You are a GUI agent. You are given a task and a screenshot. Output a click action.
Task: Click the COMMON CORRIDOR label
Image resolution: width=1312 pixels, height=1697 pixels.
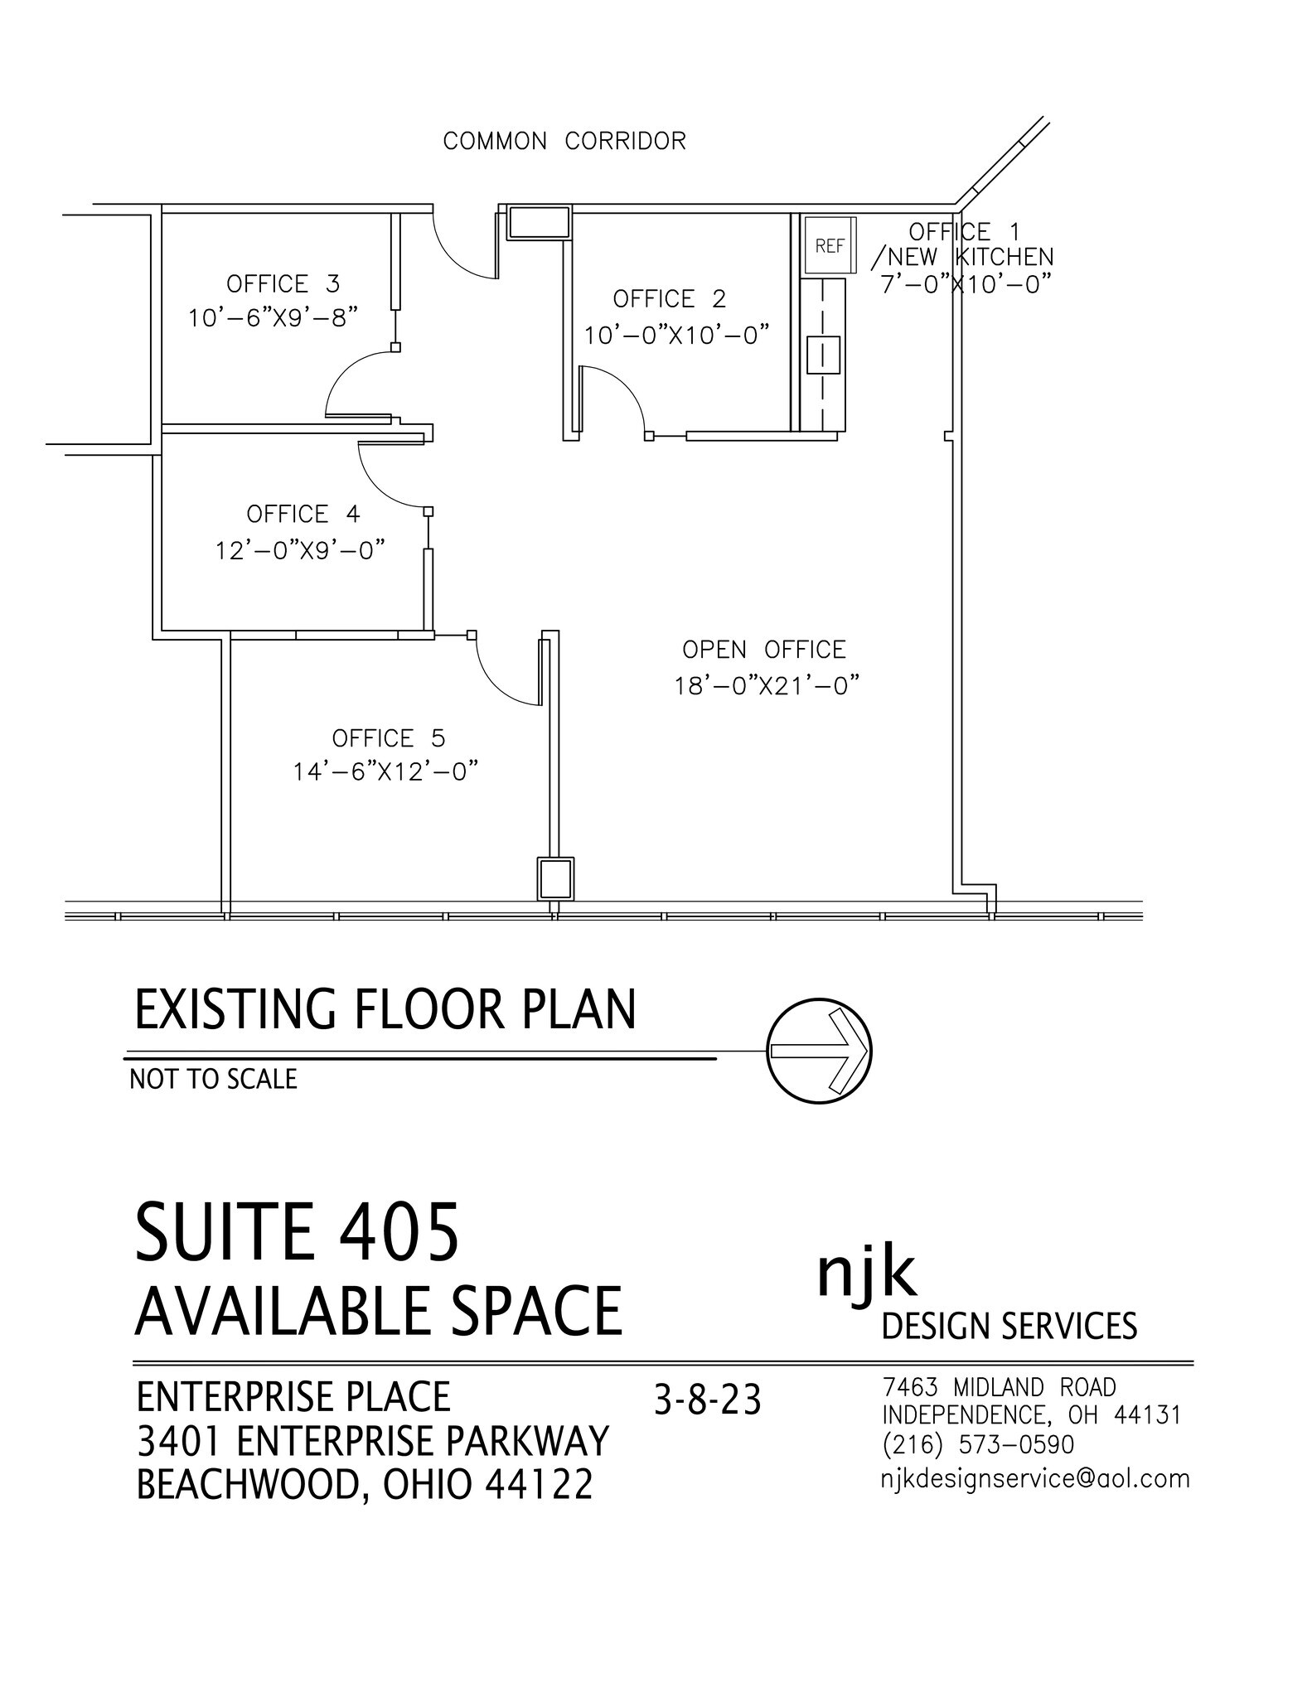pyautogui.click(x=564, y=141)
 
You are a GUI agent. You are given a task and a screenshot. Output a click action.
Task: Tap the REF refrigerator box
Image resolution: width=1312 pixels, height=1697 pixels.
pyautogui.click(x=829, y=245)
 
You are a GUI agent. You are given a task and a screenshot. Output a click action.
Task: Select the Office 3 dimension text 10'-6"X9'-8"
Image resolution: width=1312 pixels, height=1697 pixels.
pyautogui.click(x=273, y=318)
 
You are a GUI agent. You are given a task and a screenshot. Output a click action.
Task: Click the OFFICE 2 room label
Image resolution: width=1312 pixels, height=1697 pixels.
pyautogui.click(x=669, y=298)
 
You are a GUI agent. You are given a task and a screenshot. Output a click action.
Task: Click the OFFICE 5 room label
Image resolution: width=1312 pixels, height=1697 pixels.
pyautogui.click(x=388, y=737)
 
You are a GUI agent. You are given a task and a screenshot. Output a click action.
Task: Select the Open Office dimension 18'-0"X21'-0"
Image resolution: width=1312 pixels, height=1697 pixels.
pyautogui.click(x=764, y=686)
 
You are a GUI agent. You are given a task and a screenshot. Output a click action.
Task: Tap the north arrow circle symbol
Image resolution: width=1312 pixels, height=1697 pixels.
pyautogui.click(x=819, y=1050)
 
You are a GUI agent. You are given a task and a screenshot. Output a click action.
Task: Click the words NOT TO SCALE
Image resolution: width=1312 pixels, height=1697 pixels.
pyautogui.click(x=213, y=1079)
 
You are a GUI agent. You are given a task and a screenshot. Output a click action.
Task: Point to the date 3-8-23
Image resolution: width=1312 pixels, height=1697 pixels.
pyautogui.click(x=707, y=1400)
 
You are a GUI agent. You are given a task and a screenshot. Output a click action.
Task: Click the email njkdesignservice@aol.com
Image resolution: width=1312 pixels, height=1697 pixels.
pyautogui.click(x=1034, y=1478)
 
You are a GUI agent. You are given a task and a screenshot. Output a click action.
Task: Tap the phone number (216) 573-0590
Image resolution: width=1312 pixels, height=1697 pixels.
pyautogui.click(x=978, y=1444)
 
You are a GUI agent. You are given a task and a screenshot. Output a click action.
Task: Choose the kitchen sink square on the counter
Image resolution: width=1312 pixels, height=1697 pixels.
pyautogui.click(x=823, y=354)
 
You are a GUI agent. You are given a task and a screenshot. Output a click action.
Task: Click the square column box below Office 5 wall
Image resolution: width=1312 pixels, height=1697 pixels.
pyautogui.click(x=554, y=879)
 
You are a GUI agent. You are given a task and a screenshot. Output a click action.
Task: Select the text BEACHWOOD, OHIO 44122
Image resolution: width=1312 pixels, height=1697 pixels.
pyautogui.click(x=365, y=1484)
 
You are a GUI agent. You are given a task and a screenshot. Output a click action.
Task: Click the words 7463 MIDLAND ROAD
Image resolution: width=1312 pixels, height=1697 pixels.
pyautogui.click(x=999, y=1386)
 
